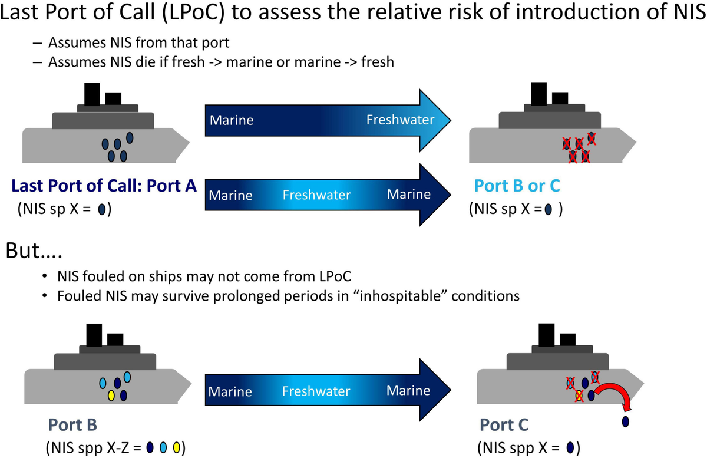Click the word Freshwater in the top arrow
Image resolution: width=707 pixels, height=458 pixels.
[400, 120]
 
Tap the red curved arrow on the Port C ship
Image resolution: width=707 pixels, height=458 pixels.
[615, 395]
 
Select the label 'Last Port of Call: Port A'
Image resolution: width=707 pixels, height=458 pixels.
[104, 186]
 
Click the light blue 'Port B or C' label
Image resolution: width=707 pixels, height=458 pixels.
[517, 186]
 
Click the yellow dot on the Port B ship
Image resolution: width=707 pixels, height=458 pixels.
[111, 396]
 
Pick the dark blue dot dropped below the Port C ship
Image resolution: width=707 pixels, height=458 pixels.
[625, 421]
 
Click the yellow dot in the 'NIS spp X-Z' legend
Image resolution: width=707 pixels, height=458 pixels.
[177, 446]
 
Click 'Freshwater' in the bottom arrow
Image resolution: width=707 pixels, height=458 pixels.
[316, 391]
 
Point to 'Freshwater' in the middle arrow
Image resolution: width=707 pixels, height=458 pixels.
[316, 195]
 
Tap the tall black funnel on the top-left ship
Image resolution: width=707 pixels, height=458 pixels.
[92, 94]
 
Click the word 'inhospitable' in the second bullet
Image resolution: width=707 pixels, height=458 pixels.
[383, 295]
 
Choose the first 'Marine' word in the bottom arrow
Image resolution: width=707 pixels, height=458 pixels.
[230, 391]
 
